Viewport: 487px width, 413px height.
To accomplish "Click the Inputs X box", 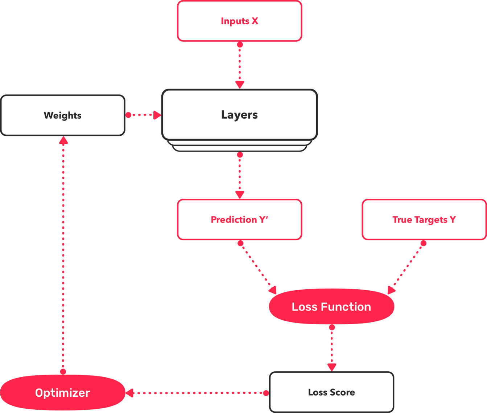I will [239, 21].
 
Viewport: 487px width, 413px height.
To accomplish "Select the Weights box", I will [63, 115].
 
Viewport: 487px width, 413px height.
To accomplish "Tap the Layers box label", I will [239, 115].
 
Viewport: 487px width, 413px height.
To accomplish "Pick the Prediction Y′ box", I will [239, 220].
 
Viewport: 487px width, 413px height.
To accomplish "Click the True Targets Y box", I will [424, 220].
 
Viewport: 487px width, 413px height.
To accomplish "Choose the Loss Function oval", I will [331, 307].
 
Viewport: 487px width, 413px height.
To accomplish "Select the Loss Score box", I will [331, 392].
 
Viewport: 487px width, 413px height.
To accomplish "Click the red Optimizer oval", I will [62, 393].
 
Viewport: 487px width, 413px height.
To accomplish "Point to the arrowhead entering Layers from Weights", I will [157, 115].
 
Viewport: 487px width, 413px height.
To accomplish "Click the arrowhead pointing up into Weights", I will [63, 140].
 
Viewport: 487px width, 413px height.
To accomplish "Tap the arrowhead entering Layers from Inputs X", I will [240, 85].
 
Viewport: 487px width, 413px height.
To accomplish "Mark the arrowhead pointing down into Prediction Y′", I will [240, 195].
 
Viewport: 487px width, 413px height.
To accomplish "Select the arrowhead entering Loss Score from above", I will [332, 367].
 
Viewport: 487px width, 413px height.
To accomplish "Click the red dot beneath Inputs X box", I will [240, 45].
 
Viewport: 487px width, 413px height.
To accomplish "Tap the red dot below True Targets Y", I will [423, 244].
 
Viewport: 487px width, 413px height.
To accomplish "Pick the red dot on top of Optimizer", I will [63, 371].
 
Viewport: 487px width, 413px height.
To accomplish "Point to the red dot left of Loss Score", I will [266, 393].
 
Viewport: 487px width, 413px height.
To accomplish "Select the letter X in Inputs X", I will [255, 21].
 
